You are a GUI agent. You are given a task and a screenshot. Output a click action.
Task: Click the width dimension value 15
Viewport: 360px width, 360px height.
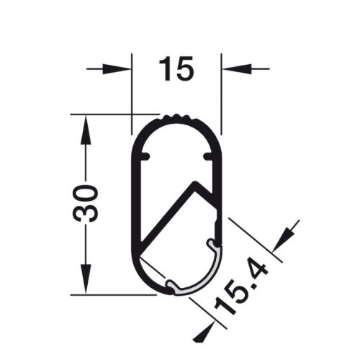click(x=176, y=69)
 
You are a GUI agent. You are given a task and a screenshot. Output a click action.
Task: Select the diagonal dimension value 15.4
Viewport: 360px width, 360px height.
click(x=242, y=292)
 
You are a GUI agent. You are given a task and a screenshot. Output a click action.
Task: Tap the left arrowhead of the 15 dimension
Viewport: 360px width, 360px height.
click(x=122, y=69)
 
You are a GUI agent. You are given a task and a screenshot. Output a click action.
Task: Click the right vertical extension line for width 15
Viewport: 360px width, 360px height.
click(x=222, y=94)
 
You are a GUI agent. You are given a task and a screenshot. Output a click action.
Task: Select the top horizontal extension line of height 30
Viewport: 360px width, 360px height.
click(x=108, y=114)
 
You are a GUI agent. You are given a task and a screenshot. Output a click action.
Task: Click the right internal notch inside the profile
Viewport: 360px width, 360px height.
click(x=209, y=156)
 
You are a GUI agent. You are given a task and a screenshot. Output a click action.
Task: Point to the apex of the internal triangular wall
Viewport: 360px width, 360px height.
click(x=193, y=183)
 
